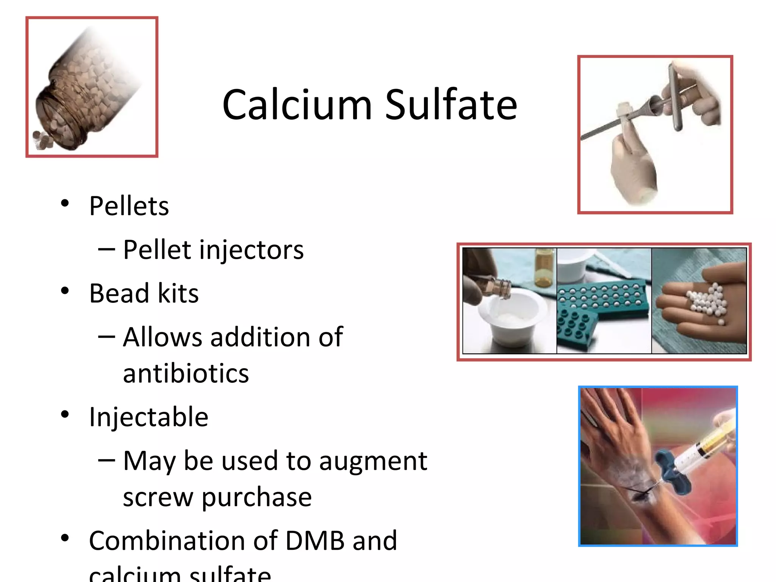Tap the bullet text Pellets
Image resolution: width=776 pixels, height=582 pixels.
pos(129,207)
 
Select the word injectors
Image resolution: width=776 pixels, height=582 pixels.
pos(251,250)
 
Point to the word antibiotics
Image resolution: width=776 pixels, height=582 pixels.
pos(186,374)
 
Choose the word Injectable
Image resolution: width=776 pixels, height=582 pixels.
pos(149,417)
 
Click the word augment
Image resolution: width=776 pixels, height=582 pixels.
pos(373,462)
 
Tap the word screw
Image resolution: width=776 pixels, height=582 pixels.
pos(158,497)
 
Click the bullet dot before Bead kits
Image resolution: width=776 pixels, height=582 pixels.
pos(65,291)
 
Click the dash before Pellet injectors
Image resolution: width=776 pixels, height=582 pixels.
pos(106,249)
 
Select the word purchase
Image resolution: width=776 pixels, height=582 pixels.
pos(257,497)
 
